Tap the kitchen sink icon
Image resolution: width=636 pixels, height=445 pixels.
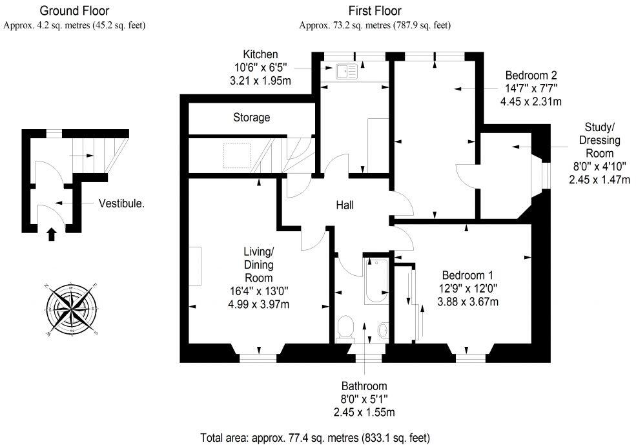click(345, 72)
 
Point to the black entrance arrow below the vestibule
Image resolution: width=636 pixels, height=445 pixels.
click(52, 233)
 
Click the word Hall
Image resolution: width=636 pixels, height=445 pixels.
click(345, 205)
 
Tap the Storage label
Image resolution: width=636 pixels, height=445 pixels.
click(252, 118)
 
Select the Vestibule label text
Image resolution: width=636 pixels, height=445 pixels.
click(121, 203)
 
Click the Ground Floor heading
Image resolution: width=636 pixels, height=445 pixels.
click(74, 11)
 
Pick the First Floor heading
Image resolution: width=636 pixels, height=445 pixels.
click(374, 11)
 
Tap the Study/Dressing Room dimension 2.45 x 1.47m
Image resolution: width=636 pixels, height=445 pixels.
click(599, 180)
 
